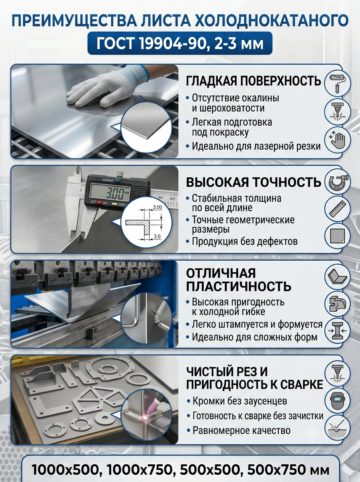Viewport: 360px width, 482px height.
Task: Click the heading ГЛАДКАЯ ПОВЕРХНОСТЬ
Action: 253,81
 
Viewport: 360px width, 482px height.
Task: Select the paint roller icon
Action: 337,83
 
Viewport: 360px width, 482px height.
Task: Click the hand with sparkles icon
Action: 337,140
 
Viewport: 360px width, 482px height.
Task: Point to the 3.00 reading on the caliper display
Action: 114,194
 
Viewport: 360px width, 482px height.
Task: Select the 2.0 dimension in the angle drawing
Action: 157,237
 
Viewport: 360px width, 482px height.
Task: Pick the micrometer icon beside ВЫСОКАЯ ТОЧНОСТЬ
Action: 337,182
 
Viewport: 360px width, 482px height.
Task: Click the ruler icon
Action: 337,208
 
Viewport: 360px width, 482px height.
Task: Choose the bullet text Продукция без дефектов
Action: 245,241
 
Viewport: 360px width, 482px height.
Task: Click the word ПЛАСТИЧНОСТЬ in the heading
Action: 239,286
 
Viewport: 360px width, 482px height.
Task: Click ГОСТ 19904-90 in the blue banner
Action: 148,43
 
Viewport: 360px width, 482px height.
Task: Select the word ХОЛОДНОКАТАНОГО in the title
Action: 272,20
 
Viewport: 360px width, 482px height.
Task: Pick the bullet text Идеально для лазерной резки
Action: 256,146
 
